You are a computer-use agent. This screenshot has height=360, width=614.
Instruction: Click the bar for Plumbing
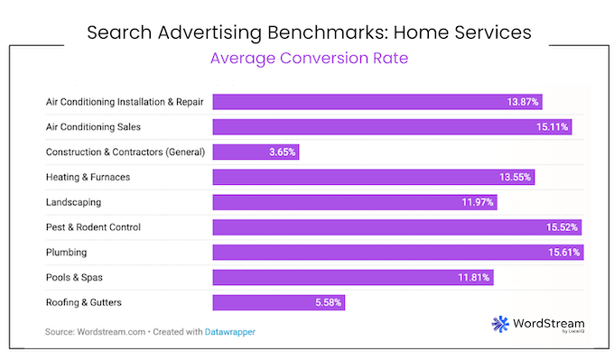pos(397,252)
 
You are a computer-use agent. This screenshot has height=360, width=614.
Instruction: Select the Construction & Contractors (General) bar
pos(256,152)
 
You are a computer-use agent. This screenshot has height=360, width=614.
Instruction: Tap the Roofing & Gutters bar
pos(278,302)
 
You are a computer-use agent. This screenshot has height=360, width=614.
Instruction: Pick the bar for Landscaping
pos(354,201)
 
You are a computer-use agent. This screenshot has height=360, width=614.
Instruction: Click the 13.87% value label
pos(523,102)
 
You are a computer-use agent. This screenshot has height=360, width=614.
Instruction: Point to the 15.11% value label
pos(552,127)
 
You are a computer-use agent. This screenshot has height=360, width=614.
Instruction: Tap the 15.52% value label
pos(562,227)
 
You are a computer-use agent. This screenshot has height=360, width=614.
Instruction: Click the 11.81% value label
pos(474,277)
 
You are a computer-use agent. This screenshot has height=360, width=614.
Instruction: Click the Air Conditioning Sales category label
pos(93,127)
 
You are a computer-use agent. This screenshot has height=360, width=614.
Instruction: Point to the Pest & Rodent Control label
pos(93,227)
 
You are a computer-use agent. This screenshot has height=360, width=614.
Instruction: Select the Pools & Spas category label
pos(76,277)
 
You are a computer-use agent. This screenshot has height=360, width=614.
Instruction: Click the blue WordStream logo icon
pos(501,324)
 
